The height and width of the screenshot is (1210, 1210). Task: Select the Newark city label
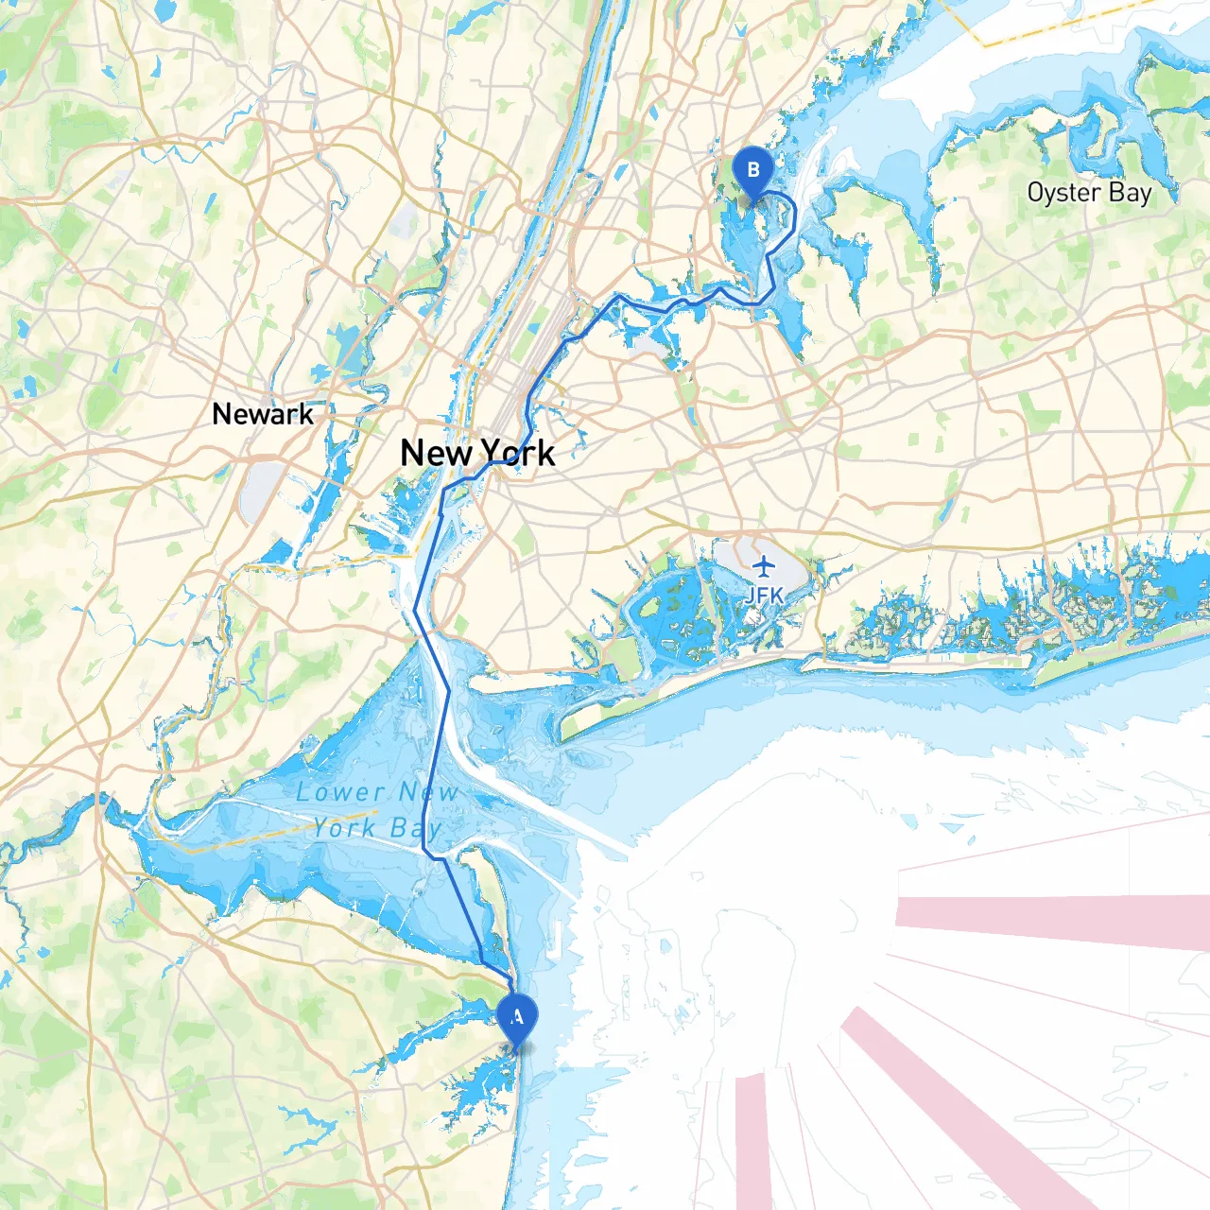[x=263, y=414]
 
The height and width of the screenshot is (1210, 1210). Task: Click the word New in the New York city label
[x=436, y=453]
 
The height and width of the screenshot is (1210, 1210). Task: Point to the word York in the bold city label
[x=517, y=453]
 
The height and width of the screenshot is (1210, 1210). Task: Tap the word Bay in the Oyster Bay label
[x=1131, y=193]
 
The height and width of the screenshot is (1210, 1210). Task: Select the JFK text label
[x=764, y=596]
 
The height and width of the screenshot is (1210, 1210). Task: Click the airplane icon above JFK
[x=764, y=567]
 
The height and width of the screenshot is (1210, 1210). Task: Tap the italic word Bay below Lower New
[x=416, y=829]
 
